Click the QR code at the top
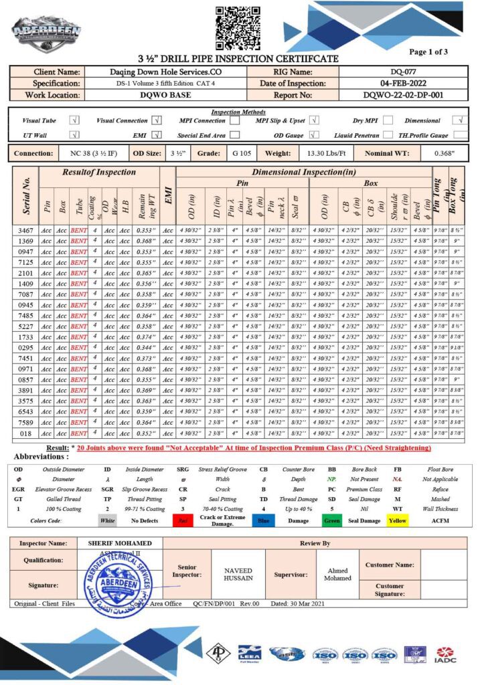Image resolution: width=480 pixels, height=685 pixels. pyautogui.click(x=238, y=26)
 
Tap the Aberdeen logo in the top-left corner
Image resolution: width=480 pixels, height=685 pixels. pyautogui.click(x=46, y=31)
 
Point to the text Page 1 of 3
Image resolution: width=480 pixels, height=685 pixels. pyautogui.click(x=428, y=52)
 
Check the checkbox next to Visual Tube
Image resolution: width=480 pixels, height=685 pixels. pyautogui.click(x=74, y=121)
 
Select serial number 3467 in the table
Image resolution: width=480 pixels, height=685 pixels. pyautogui.click(x=26, y=230)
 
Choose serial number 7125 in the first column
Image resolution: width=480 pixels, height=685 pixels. pyautogui.click(x=26, y=262)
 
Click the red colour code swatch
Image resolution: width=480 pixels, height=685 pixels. pyautogui.click(x=181, y=520)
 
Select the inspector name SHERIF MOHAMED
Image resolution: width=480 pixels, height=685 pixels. pyautogui.click(x=121, y=543)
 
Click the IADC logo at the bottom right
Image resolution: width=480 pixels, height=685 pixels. pyautogui.click(x=445, y=654)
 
